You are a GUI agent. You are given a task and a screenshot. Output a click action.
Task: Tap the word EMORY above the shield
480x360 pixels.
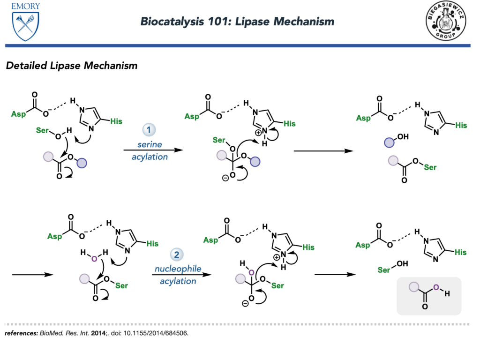click(26, 6)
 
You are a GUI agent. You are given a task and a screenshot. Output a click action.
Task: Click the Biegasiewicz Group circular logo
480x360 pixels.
click(445, 21)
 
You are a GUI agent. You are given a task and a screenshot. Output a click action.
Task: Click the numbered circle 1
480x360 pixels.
click(149, 130)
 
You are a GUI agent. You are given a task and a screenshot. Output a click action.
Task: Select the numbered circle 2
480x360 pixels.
click(177, 255)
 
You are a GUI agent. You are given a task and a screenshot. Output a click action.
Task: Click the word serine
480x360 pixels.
click(150, 144)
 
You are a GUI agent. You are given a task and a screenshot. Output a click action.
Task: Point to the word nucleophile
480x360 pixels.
click(178, 269)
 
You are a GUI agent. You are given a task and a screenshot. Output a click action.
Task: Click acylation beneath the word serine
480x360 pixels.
click(150, 157)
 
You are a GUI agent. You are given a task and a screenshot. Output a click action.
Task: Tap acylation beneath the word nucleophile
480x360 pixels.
click(178, 281)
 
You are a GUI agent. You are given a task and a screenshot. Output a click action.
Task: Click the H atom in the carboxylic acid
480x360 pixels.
click(447, 294)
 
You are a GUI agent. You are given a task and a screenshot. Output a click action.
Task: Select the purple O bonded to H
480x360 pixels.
click(436, 287)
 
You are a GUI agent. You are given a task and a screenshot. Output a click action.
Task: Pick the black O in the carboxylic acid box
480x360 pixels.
click(425, 307)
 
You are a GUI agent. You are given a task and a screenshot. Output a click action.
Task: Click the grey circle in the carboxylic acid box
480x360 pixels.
click(413, 287)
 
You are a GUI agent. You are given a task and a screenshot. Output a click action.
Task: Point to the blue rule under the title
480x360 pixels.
click(238, 45)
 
